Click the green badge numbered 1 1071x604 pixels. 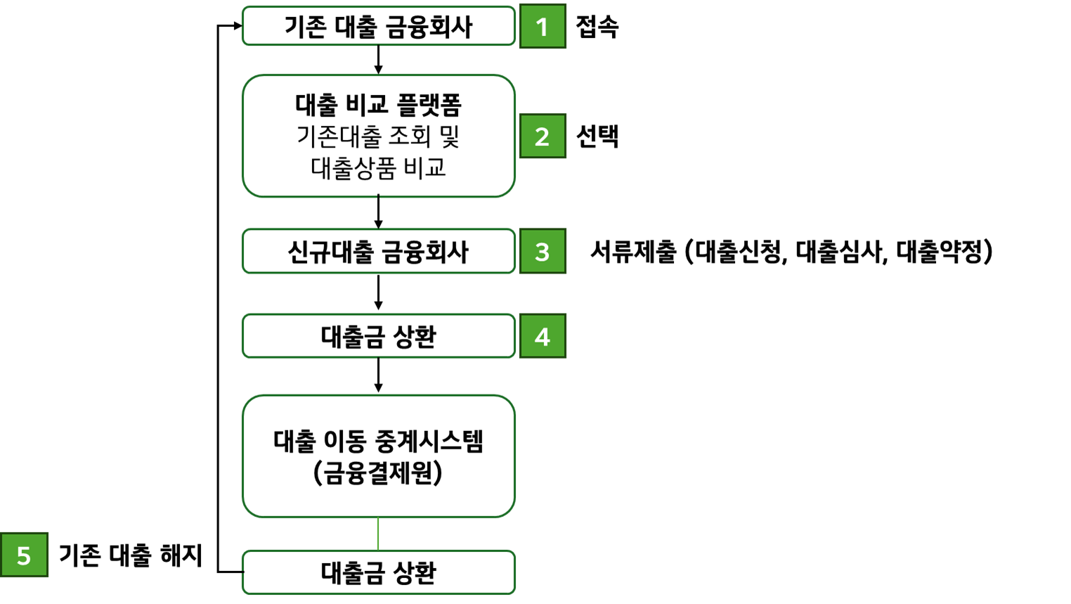[x=542, y=27]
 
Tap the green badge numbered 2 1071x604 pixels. [x=542, y=136]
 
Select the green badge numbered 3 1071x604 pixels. [x=542, y=252]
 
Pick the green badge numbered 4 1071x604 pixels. [x=542, y=337]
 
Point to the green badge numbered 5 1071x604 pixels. [x=24, y=555]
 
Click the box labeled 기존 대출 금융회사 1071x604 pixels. [x=378, y=27]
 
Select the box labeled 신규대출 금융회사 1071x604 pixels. [x=378, y=252]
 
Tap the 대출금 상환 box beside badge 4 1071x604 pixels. [x=378, y=337]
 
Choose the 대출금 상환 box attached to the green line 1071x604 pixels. [x=378, y=573]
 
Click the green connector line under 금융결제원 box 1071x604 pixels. [x=378, y=534]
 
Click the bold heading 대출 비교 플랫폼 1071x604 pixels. [x=378, y=105]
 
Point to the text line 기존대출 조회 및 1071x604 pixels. [x=378, y=136]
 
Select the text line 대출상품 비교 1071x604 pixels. [x=378, y=168]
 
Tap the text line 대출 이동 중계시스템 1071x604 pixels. [x=378, y=442]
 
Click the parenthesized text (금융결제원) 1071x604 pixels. [x=378, y=473]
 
